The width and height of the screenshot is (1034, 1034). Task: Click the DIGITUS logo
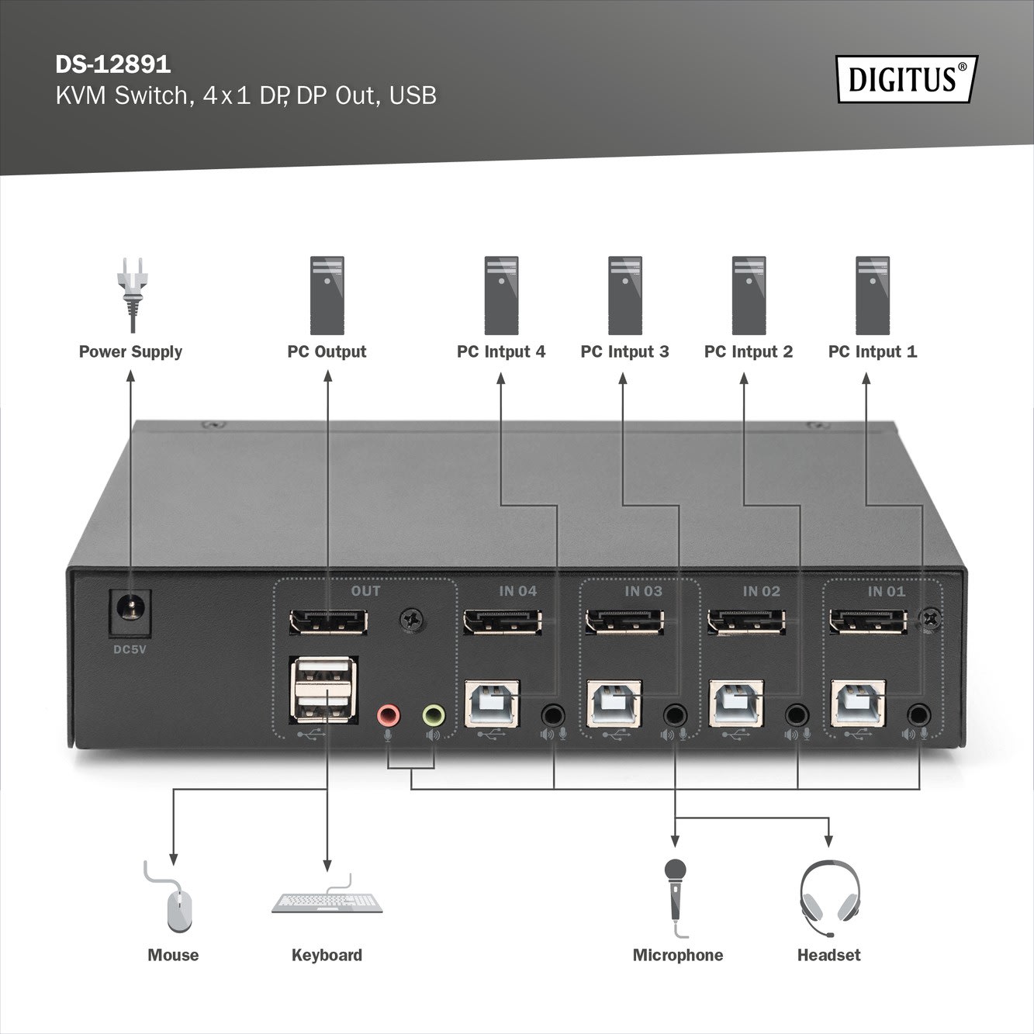pyautogui.click(x=906, y=79)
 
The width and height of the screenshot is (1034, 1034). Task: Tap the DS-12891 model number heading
pyautogui.click(x=112, y=64)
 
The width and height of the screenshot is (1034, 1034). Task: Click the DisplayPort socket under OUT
pyautogui.click(x=327, y=621)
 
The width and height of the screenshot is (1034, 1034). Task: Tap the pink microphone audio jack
pyautogui.click(x=387, y=714)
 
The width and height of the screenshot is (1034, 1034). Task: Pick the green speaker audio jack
pyautogui.click(x=434, y=714)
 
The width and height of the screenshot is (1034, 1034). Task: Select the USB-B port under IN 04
pyautogui.click(x=493, y=703)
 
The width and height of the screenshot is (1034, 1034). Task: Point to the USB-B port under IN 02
pyautogui.click(x=736, y=703)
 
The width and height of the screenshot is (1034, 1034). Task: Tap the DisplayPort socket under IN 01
pyautogui.click(x=866, y=621)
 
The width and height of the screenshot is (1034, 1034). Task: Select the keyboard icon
pyautogui.click(x=327, y=902)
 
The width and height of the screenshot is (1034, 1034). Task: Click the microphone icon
pyautogui.click(x=676, y=892)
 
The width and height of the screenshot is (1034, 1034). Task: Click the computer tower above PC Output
pyautogui.click(x=327, y=296)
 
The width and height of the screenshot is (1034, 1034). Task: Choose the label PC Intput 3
pyautogui.click(x=624, y=351)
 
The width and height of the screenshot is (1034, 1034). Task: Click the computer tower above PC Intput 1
pyautogui.click(x=873, y=296)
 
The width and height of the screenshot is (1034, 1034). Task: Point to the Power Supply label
pyautogui.click(x=130, y=351)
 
